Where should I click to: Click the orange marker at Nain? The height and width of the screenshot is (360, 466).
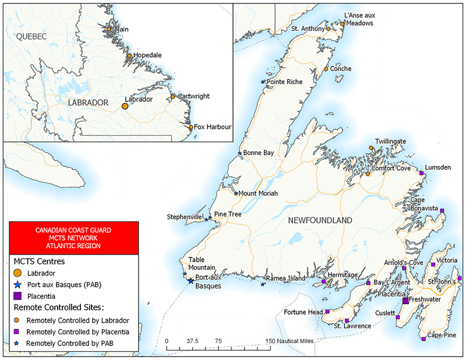point(109,29)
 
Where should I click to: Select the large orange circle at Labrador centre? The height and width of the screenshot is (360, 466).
point(125,106)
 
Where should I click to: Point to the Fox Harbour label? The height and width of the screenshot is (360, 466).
point(213,126)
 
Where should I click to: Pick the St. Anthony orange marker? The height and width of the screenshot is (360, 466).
point(329,29)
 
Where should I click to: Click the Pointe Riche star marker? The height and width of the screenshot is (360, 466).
point(263,82)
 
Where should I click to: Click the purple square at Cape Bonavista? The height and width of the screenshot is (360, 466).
point(442,210)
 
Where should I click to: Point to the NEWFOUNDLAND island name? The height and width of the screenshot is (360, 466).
point(320,220)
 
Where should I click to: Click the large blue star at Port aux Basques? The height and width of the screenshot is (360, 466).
point(191,281)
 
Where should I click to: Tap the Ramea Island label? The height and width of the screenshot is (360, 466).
point(285,278)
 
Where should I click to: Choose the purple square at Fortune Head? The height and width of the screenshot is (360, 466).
point(327,312)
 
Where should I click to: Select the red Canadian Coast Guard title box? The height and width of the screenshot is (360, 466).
point(73,238)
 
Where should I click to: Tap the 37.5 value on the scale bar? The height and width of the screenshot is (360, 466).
point(193,340)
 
